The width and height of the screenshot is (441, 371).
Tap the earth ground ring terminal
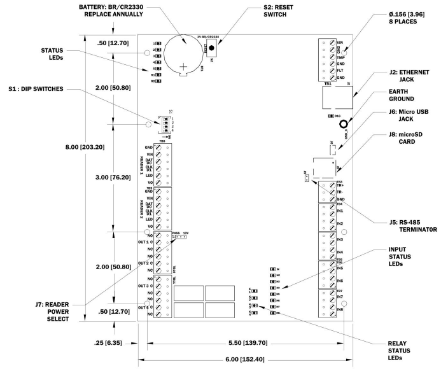(x=344, y=124)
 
